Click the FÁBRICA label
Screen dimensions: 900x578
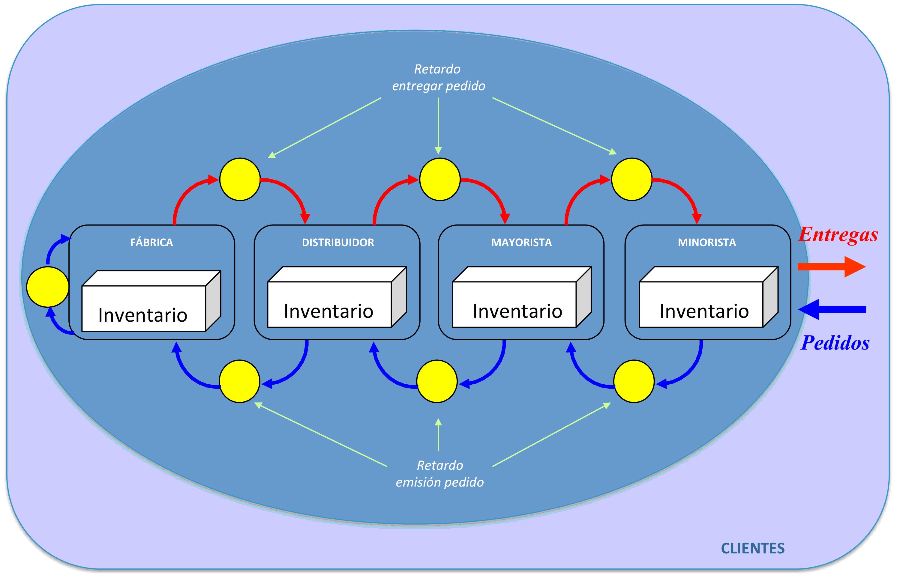click(152, 242)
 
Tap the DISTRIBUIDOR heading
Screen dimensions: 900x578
click(338, 243)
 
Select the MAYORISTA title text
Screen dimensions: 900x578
click(521, 243)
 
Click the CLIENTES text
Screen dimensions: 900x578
click(752, 548)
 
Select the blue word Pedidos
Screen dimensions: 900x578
click(835, 343)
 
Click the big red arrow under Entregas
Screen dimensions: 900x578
click(831, 267)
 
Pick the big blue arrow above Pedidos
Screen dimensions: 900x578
click(832, 310)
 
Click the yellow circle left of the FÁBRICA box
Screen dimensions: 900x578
click(48, 287)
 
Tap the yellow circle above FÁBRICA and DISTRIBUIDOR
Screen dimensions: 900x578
click(240, 179)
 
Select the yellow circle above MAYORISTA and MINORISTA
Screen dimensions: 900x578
click(632, 179)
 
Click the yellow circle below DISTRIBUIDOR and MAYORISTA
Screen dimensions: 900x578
click(437, 381)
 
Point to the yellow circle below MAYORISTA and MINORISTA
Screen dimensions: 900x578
click(634, 381)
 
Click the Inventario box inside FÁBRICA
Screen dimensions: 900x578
click(151, 301)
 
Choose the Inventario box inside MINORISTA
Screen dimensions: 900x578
click(709, 297)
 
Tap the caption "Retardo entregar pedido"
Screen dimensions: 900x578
click(438, 77)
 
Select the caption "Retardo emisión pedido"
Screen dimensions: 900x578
click(440, 474)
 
